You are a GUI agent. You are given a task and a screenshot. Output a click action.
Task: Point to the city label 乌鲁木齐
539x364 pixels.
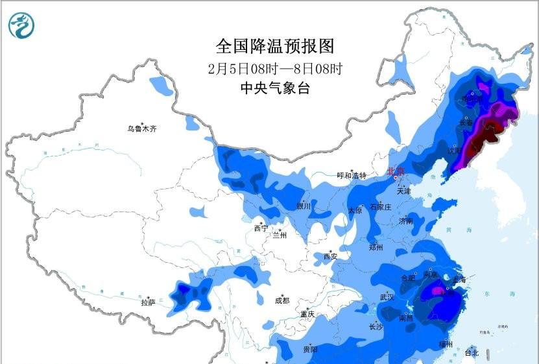141,128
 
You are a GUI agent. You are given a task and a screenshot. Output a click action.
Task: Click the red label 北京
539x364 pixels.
396,172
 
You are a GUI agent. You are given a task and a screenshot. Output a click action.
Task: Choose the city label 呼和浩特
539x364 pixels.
352,176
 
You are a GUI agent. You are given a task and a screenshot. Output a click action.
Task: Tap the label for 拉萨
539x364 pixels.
148,302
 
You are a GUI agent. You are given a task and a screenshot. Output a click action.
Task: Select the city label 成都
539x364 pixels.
281,300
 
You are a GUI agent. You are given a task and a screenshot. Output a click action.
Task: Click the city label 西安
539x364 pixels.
330,256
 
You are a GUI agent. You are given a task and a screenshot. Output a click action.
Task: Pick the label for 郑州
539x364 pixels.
376,247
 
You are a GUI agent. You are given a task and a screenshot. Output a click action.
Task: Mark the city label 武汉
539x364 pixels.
387,297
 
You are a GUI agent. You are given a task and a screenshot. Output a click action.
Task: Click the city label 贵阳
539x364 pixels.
310,349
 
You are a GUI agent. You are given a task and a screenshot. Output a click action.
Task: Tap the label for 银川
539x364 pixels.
304,206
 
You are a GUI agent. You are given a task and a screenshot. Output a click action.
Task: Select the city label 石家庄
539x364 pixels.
380,207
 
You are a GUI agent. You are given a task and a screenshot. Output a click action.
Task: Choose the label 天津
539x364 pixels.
403,191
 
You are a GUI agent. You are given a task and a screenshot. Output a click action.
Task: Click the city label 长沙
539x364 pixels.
376,326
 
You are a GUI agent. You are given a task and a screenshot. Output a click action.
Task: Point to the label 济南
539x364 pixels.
406,221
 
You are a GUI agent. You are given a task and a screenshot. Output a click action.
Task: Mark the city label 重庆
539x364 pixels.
307,314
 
